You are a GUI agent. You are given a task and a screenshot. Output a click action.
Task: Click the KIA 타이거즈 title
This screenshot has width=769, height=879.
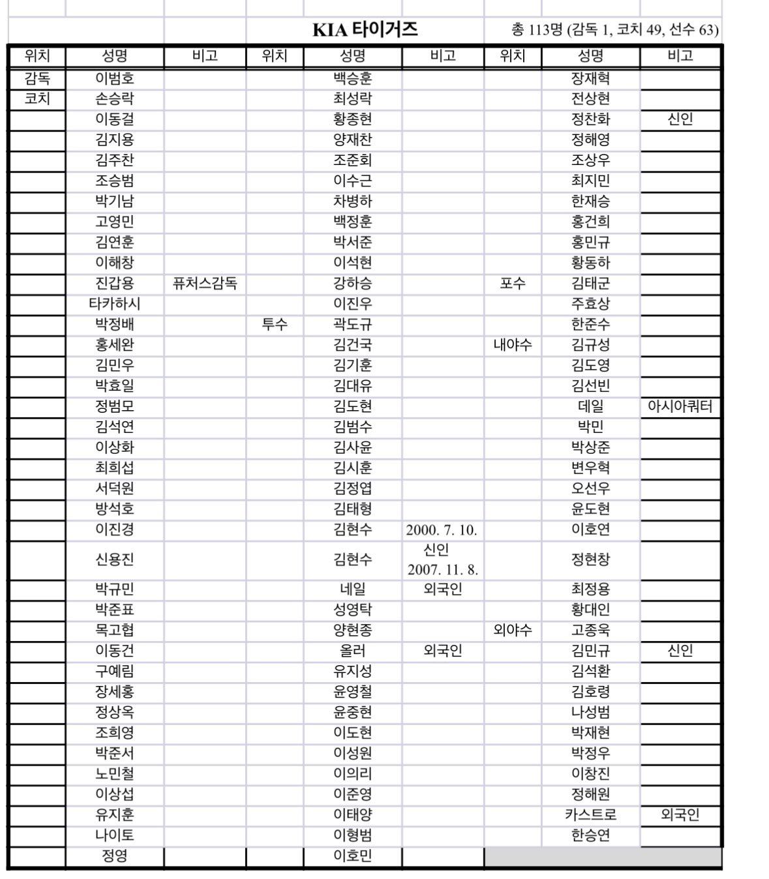click(x=365, y=30)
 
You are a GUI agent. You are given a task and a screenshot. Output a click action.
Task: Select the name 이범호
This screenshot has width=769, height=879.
click(x=115, y=79)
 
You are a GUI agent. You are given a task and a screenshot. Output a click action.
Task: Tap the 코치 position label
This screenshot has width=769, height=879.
click(x=37, y=99)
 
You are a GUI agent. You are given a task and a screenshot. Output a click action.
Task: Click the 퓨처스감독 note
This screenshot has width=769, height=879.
click(x=205, y=284)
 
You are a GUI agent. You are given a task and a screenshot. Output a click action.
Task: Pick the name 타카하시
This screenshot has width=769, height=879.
click(x=115, y=304)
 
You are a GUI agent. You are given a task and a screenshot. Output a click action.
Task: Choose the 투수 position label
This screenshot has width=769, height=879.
click(x=275, y=324)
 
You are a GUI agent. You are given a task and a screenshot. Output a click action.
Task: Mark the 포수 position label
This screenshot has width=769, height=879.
click(x=513, y=284)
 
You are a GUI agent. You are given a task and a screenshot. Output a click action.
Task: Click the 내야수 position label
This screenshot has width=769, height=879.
click(x=513, y=345)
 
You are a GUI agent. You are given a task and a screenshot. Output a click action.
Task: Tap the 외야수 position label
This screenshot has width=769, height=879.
click(x=513, y=631)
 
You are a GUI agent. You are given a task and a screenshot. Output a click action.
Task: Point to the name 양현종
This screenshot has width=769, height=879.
click(x=353, y=631)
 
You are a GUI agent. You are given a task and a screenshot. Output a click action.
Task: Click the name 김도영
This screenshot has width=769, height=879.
click(x=591, y=365)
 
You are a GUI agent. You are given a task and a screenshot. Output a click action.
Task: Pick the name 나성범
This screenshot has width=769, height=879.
click(x=591, y=713)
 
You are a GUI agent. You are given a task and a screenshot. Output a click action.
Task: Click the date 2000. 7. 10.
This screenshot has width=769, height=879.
click(x=442, y=530)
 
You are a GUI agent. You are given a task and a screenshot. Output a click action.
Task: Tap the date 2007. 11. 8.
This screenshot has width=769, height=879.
click(x=443, y=570)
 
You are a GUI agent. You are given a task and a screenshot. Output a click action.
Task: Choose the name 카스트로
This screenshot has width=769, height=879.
click(x=591, y=815)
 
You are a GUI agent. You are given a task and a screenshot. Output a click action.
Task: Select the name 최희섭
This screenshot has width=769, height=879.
click(x=115, y=468)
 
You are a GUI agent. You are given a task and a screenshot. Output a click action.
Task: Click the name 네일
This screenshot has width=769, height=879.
click(x=353, y=589)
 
